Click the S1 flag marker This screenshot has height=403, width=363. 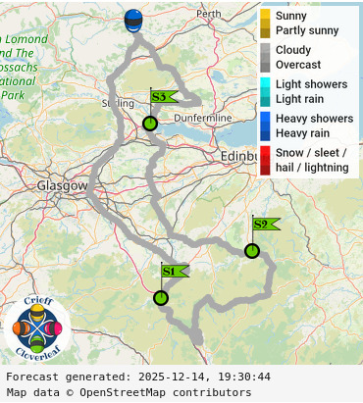(170, 271)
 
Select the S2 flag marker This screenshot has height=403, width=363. (262, 224)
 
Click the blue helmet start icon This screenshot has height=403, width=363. (133, 21)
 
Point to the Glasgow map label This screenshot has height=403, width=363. (63, 185)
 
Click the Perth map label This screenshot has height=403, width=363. (209, 14)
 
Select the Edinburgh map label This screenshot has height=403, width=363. (238, 156)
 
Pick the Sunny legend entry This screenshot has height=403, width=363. (290, 17)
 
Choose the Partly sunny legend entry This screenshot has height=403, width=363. (307, 30)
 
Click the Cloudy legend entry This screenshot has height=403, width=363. (293, 50)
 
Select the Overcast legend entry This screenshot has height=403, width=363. (298, 64)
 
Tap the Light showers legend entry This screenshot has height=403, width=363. (311, 84)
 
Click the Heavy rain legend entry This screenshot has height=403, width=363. (303, 132)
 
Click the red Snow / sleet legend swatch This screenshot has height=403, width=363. (265, 160)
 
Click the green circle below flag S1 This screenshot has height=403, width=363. (161, 298)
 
